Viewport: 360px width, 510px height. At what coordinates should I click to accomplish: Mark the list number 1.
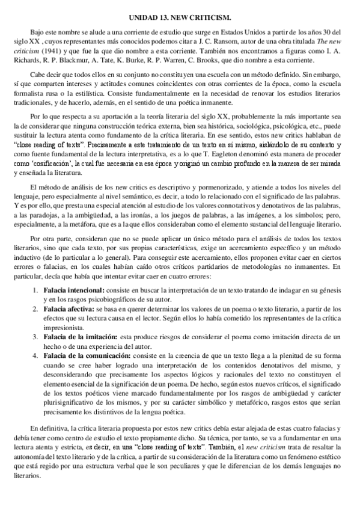pos(35,290)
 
